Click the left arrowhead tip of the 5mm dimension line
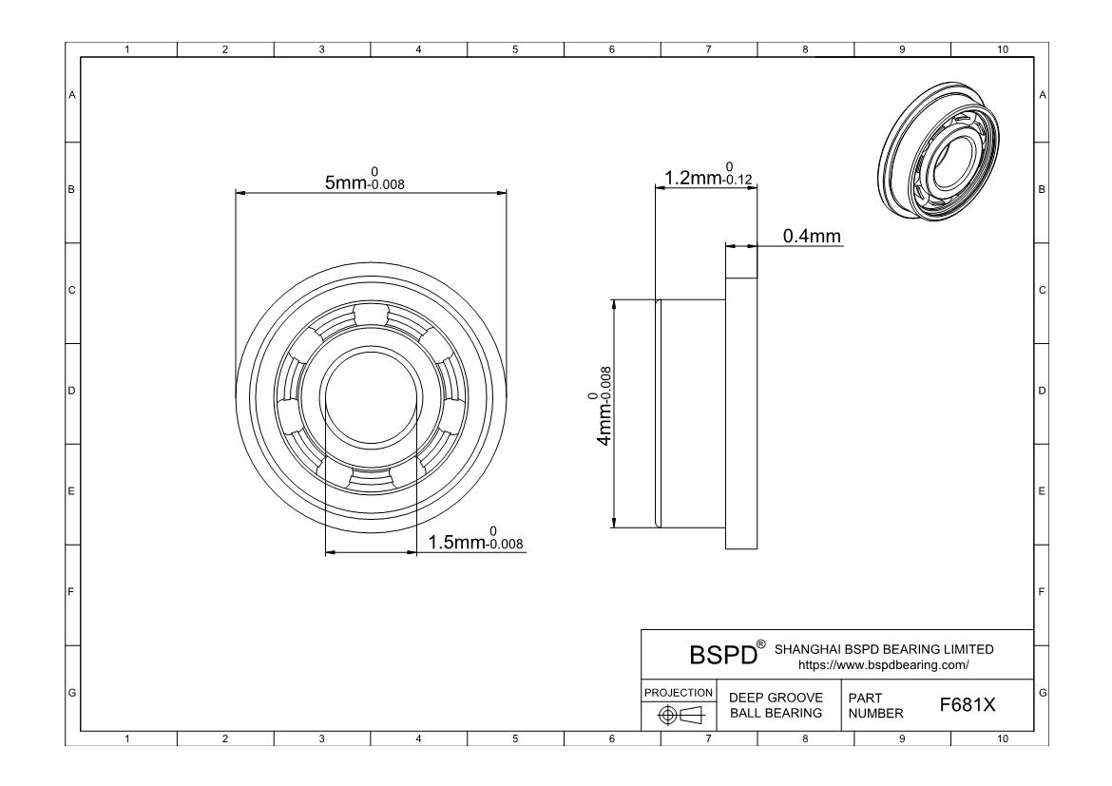[236, 192]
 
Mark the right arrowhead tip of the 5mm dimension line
[508, 192]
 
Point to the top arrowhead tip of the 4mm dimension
[613, 299]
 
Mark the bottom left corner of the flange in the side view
[725, 548]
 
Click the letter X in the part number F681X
[989, 705]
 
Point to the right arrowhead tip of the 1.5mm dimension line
[416, 552]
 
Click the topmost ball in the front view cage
[371, 315]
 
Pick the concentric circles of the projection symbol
[666, 715]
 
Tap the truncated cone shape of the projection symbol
[692, 715]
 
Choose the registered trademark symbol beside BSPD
[761, 644]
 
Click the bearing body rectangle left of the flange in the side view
[691, 413]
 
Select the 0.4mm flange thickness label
[812, 236]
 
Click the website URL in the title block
[884, 665]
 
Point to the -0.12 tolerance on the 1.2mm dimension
[738, 180]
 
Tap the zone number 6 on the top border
[612, 49]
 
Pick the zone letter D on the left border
[71, 391]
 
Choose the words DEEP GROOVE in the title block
[776, 698]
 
